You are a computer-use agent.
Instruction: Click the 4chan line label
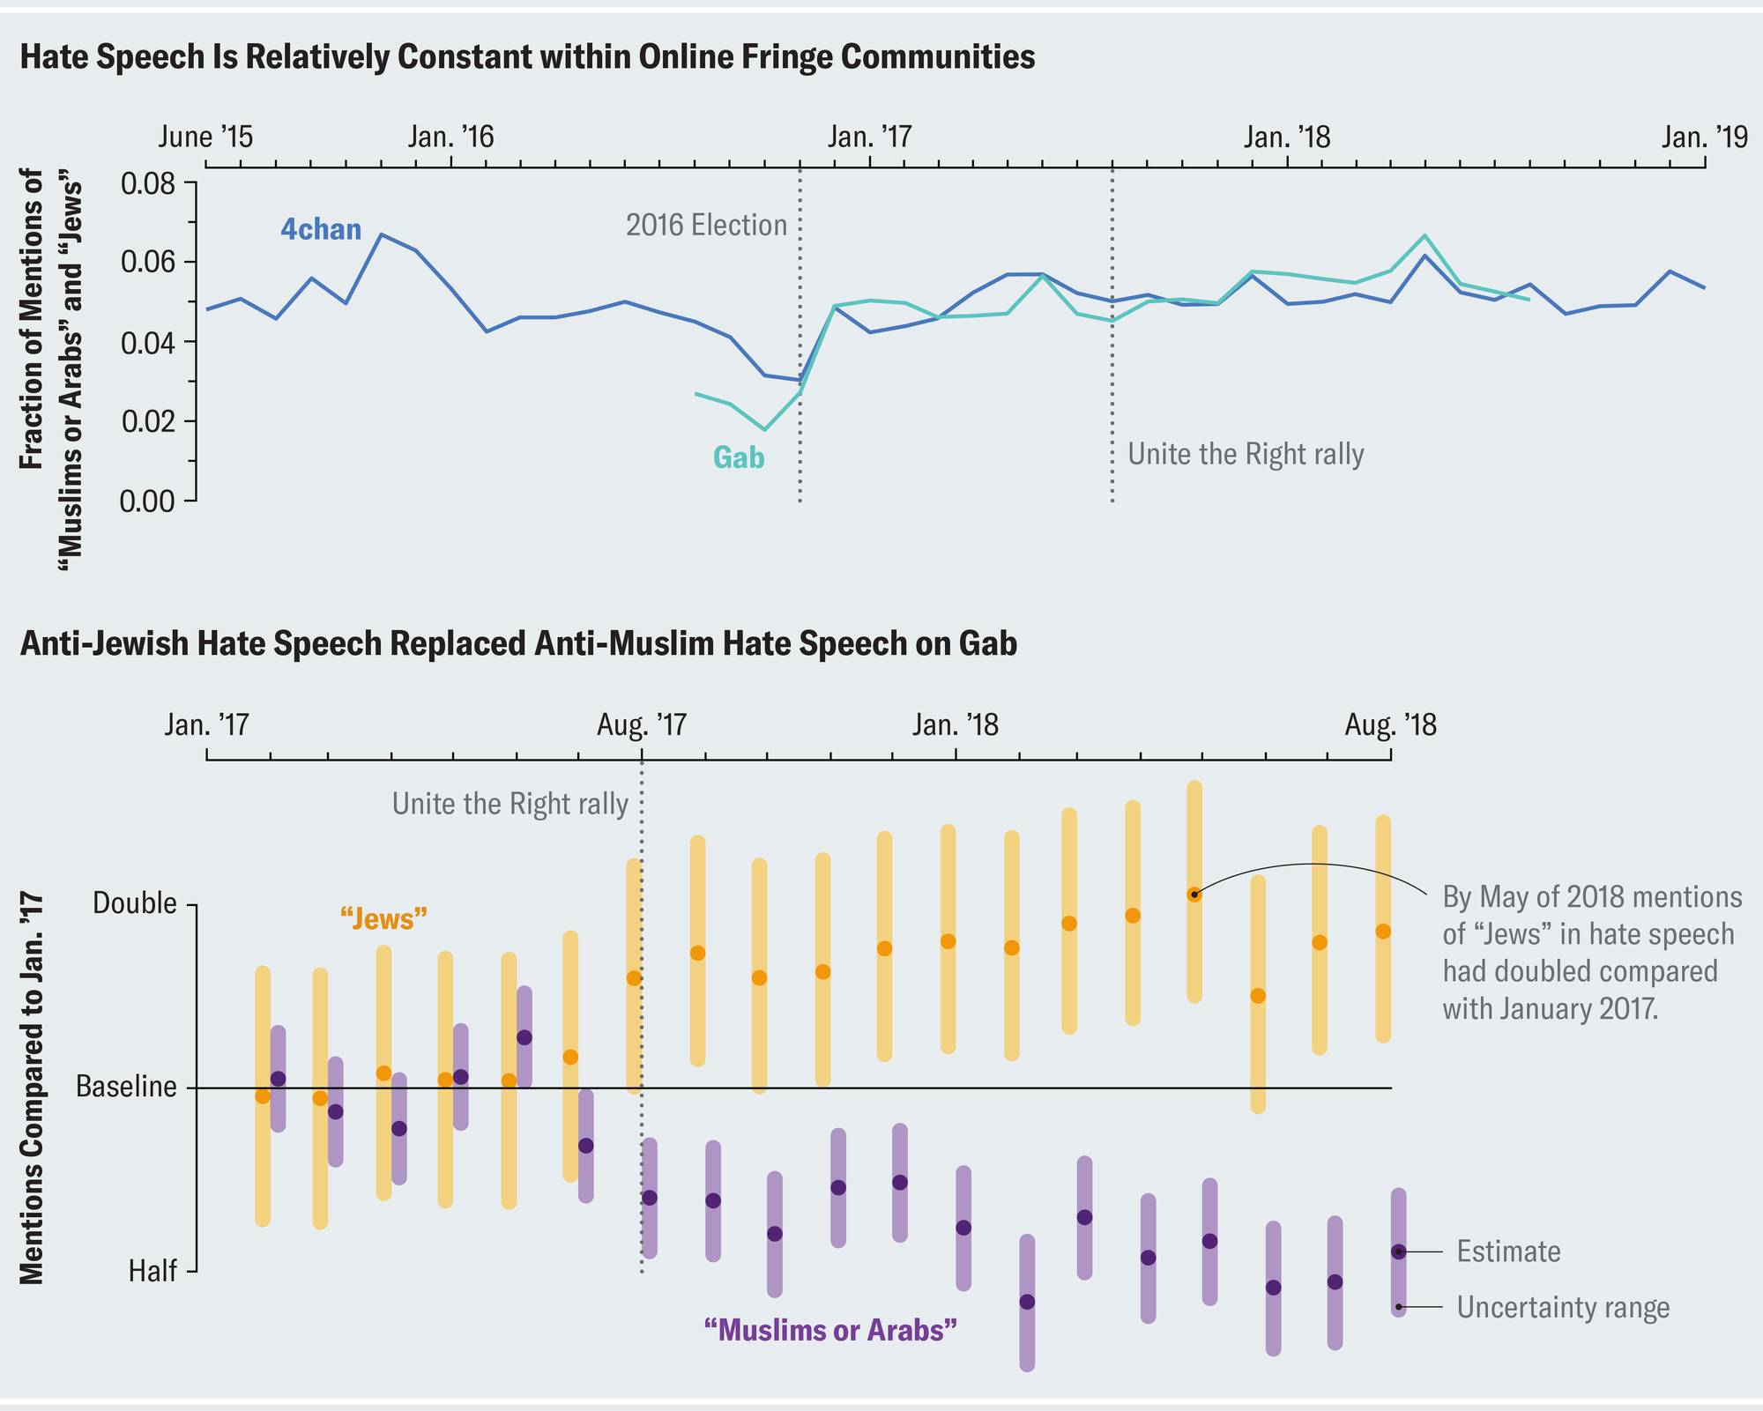click(x=321, y=230)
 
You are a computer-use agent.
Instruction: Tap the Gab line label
click(x=739, y=458)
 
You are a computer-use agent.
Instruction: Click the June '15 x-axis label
click(x=206, y=137)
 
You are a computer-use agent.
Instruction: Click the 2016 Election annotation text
click(x=706, y=226)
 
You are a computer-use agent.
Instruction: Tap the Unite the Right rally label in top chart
click(x=1246, y=455)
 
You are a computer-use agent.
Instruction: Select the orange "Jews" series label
click(x=383, y=919)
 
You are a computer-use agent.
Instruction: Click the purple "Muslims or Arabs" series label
click(x=830, y=1330)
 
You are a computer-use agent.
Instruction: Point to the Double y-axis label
click(x=135, y=904)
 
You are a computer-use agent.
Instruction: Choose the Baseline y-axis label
click(x=127, y=1088)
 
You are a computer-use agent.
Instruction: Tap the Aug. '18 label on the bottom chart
click(x=1390, y=725)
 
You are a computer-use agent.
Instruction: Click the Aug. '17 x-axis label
click(x=642, y=725)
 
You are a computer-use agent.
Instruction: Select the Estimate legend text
click(x=1508, y=1252)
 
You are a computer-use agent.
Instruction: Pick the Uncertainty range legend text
click(x=1563, y=1308)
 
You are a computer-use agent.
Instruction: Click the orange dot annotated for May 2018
click(x=1194, y=895)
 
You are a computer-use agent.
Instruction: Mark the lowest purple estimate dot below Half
click(x=1027, y=1302)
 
